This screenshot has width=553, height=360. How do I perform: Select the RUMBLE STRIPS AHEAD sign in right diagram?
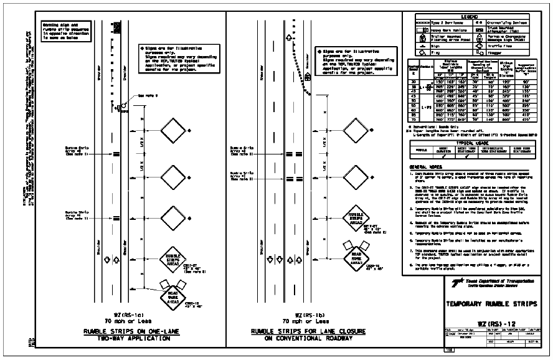353,222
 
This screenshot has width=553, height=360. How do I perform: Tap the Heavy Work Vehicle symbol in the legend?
421,30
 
